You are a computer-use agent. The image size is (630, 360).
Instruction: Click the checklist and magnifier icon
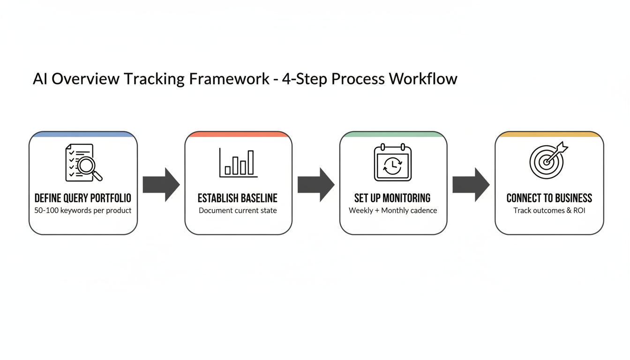coord(83,163)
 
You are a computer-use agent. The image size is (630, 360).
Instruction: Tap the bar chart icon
coord(238,163)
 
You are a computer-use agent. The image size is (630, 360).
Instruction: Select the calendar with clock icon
coord(393,163)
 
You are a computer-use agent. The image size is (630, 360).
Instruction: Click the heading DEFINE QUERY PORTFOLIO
coord(83,198)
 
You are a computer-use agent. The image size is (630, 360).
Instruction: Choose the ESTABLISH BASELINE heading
coord(238,198)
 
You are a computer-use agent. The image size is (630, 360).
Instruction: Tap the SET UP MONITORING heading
coord(393,198)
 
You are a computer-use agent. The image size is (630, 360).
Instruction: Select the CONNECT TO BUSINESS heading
coord(549,198)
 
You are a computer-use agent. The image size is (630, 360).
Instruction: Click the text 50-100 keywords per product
coord(83,210)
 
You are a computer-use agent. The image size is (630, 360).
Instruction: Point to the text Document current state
coord(238,210)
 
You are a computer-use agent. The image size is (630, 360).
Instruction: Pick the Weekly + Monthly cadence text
coord(393,210)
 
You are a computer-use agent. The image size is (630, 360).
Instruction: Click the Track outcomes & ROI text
coord(549,210)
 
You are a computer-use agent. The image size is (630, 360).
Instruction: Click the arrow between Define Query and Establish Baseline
coord(161,185)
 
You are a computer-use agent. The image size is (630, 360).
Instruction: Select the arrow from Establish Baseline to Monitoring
coord(315,185)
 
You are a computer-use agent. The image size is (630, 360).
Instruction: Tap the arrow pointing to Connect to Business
coord(471,185)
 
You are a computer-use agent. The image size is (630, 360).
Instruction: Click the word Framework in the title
coord(229,79)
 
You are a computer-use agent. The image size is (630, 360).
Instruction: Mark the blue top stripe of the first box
coord(83,135)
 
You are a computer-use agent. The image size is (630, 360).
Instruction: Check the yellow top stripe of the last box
coord(549,135)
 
